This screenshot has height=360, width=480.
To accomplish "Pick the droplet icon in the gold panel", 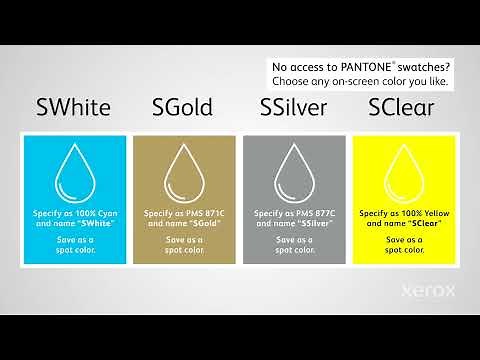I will coord(185,173).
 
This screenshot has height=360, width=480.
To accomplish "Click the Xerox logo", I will coord(429,292).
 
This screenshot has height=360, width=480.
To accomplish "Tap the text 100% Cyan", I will coord(98,214).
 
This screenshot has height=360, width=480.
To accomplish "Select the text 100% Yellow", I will coord(424,214).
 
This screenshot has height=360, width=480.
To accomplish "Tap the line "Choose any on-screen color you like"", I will coord(360,81).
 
